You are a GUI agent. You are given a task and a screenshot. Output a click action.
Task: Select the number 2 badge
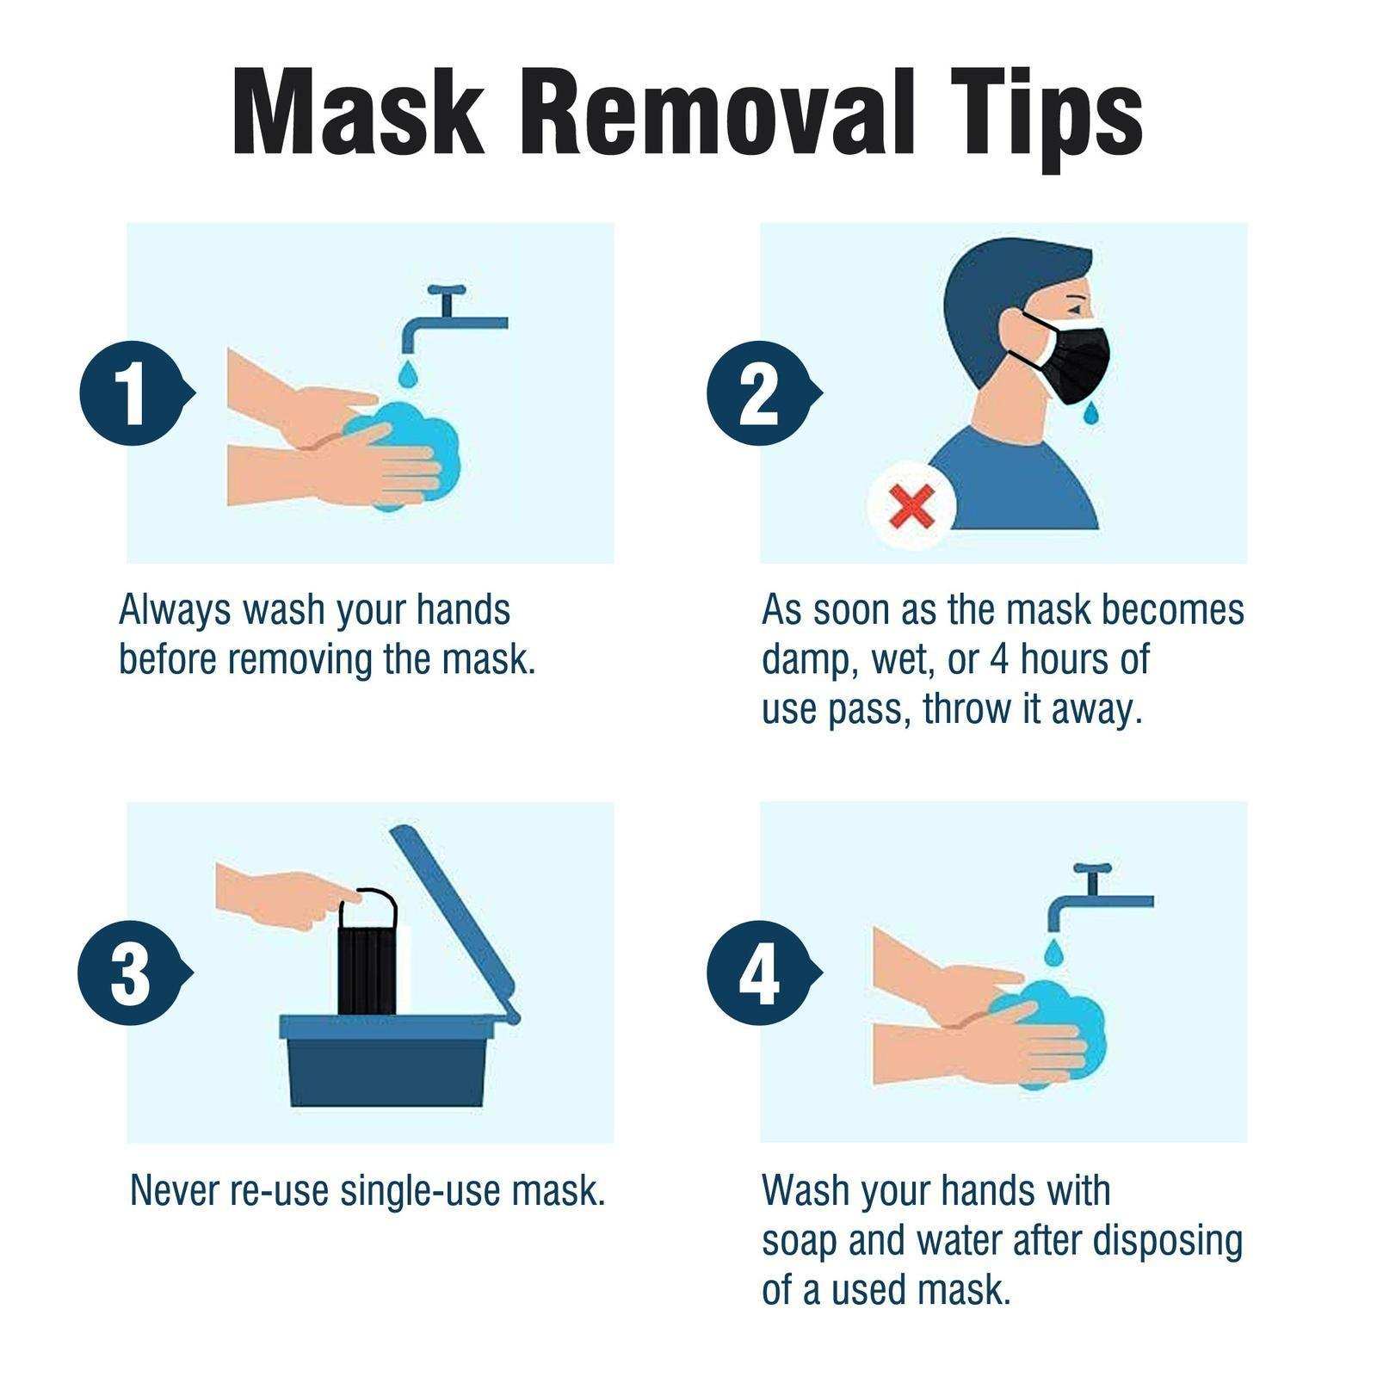[x=758, y=392]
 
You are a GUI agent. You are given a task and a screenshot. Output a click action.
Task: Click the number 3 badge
[x=130, y=973]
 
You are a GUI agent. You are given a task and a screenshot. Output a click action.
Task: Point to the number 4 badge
[x=758, y=973]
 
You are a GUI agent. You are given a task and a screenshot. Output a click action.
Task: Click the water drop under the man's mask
[x=1091, y=414]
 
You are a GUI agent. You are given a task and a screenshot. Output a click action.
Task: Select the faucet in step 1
[x=448, y=318]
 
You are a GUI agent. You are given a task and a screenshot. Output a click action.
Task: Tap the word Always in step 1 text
[x=175, y=609]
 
